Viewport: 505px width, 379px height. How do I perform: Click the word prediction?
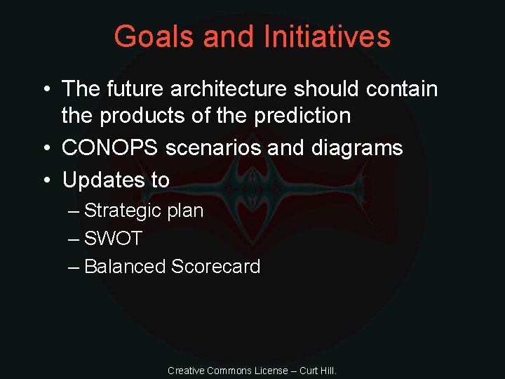tap(299, 115)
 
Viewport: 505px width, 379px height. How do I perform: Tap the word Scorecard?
tap(216, 267)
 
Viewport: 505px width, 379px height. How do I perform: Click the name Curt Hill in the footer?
tap(318, 371)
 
